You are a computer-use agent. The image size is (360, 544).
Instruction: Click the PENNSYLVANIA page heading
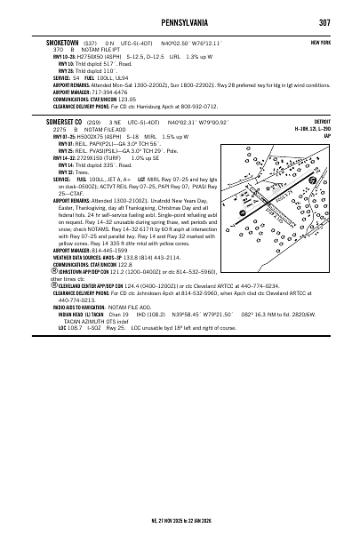tap(180, 22)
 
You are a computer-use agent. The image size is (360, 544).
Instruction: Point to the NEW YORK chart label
tap(321, 43)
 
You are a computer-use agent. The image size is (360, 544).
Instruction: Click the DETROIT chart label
tap(323, 121)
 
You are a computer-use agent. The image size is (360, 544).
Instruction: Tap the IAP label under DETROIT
tap(327, 135)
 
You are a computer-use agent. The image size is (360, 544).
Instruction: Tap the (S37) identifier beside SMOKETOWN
tap(89, 42)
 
